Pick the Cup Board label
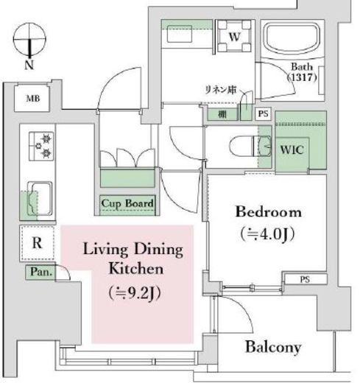coord(127,203)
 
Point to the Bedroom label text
coord(268,212)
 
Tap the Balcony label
coord(275,347)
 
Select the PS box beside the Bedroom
coord(303,279)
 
